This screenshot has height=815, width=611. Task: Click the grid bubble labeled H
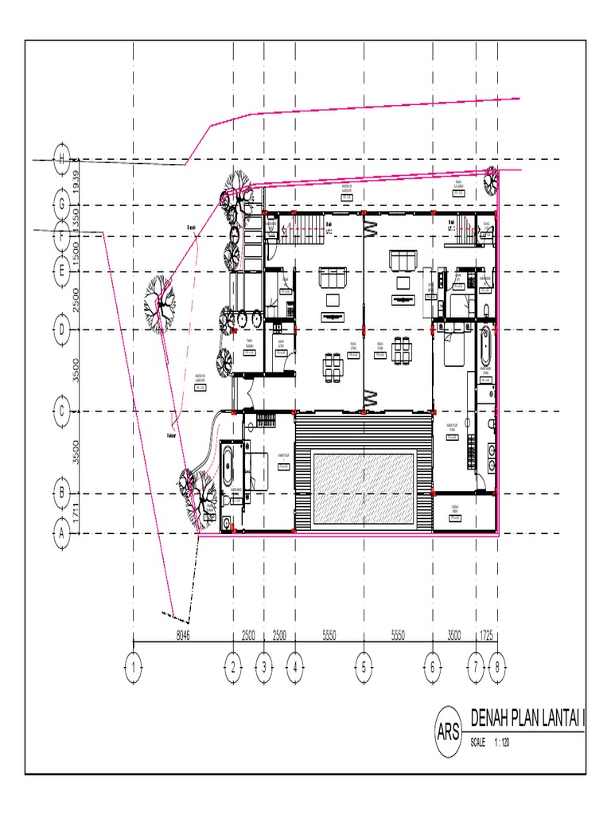click(61, 159)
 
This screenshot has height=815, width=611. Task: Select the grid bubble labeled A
click(61, 533)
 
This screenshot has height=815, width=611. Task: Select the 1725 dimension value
click(486, 635)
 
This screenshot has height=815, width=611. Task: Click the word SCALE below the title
click(477, 742)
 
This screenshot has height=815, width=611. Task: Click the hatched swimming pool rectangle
click(364, 489)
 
